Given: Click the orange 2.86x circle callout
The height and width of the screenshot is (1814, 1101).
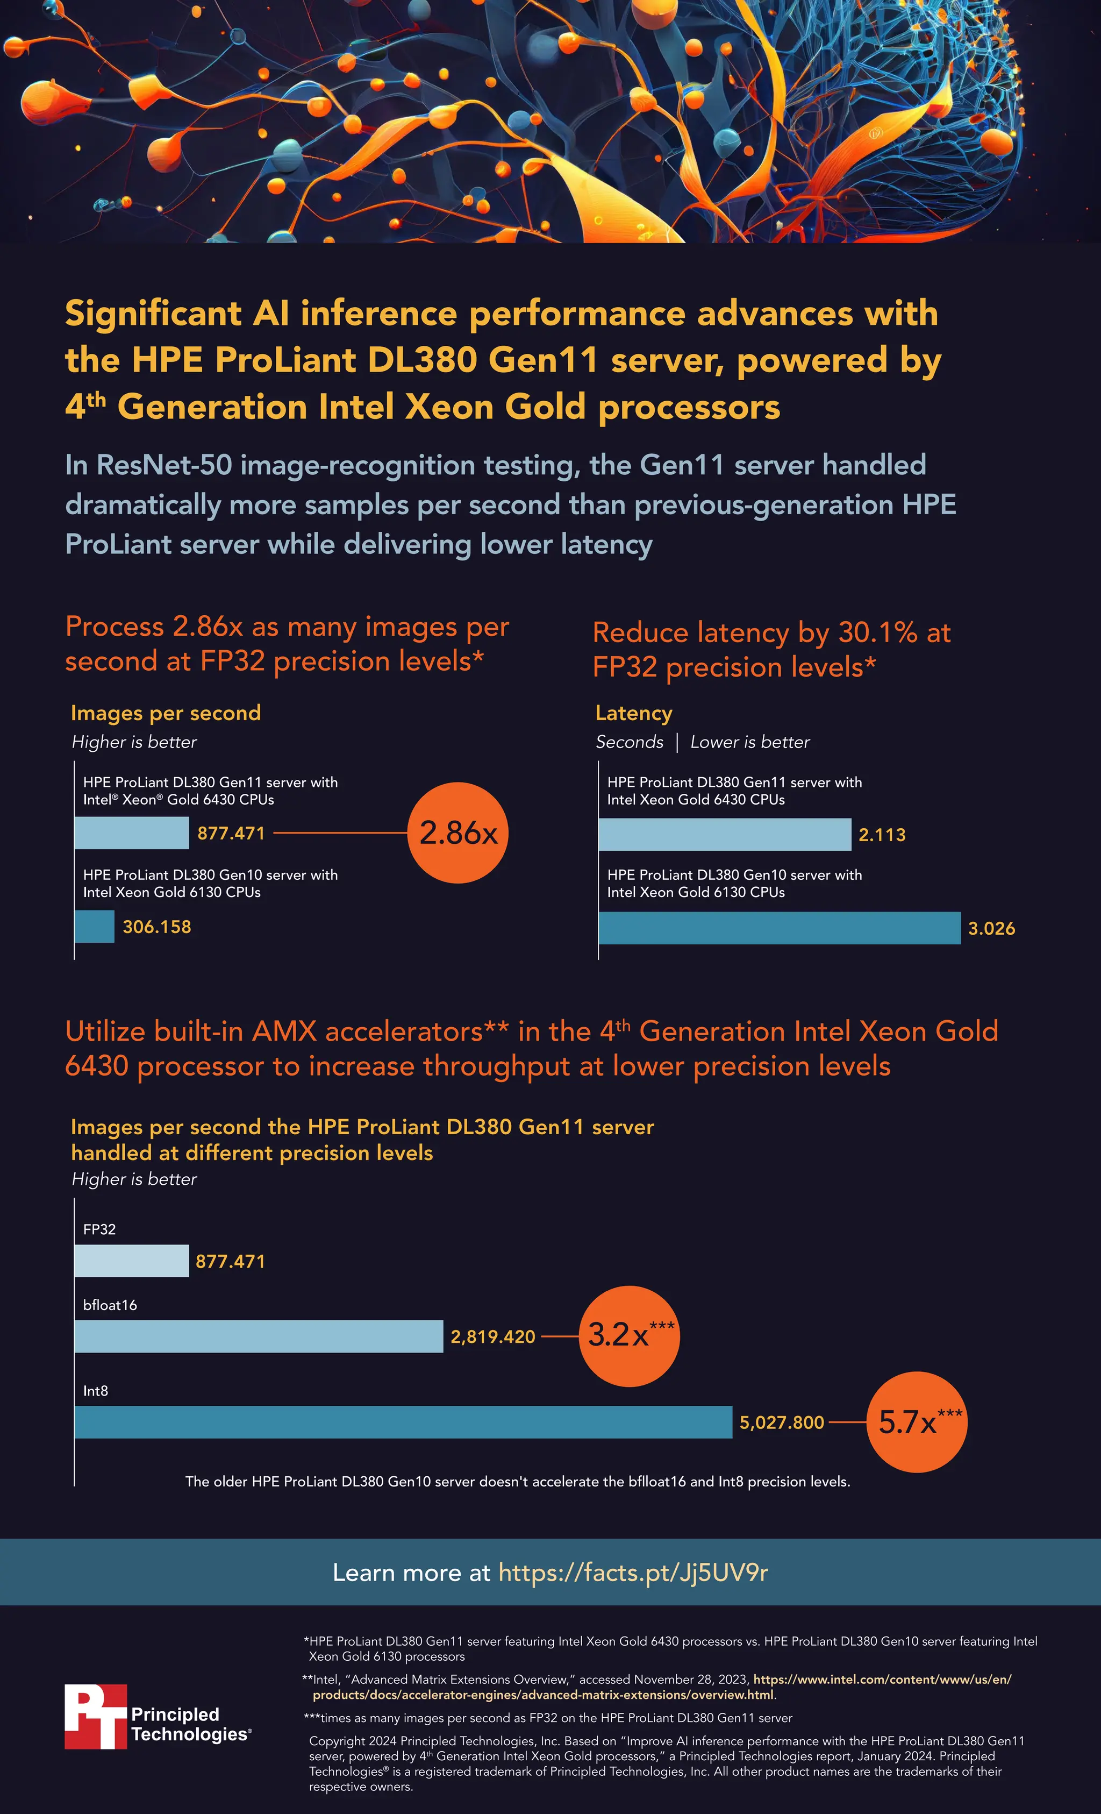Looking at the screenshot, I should (x=458, y=833).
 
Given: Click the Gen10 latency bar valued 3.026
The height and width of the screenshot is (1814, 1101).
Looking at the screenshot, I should (x=778, y=928).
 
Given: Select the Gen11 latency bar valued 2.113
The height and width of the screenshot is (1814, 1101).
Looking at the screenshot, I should (x=724, y=834).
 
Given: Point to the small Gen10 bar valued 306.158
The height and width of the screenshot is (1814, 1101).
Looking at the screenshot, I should (x=94, y=926).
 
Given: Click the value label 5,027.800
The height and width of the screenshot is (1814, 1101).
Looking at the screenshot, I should (x=782, y=1422).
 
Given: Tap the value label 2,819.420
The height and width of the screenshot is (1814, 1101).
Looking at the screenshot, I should (x=492, y=1336).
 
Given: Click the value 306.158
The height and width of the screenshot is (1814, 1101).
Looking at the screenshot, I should (x=157, y=927).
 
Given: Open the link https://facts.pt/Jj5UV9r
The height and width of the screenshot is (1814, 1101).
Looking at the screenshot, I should (x=633, y=1573).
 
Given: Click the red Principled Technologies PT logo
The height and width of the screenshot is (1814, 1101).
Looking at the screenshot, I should (x=96, y=1716).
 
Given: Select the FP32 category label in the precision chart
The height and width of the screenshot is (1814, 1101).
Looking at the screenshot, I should (x=99, y=1229).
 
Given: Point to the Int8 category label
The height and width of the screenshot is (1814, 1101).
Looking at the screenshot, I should (x=96, y=1390).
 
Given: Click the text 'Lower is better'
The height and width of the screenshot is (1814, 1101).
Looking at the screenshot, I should (x=749, y=742).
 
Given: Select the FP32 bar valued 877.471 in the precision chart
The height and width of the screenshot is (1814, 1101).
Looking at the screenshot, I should (x=131, y=1261).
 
